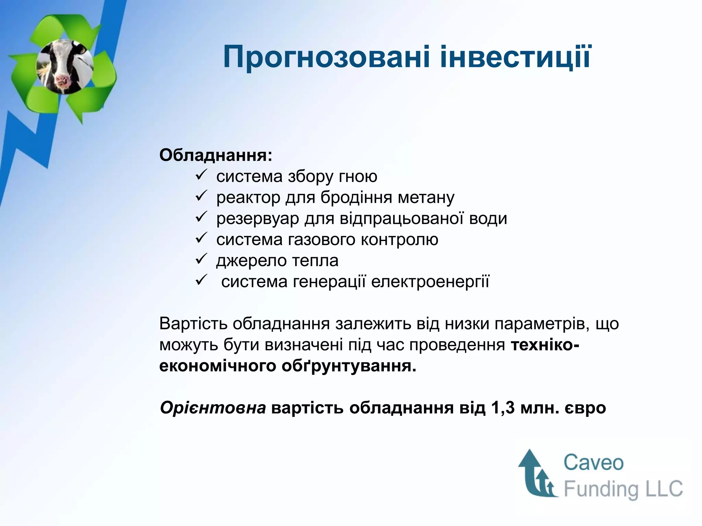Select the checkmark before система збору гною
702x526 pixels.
(x=200, y=176)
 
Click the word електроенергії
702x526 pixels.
(x=430, y=282)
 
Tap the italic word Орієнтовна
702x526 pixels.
(x=213, y=408)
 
